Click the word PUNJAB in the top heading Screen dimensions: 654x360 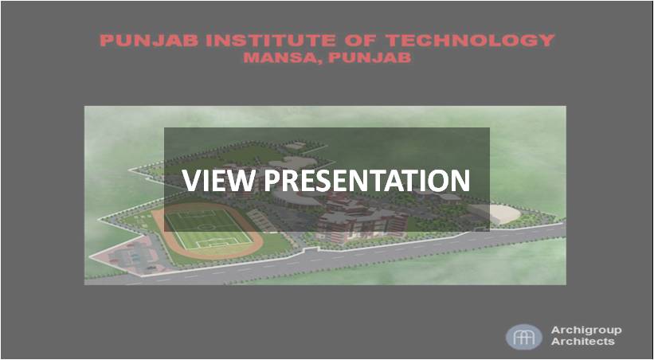click(149, 41)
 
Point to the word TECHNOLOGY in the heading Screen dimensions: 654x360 click(470, 41)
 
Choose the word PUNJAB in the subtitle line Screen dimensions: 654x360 click(370, 57)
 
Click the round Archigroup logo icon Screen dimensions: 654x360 click(524, 337)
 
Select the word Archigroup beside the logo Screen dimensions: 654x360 click(586, 331)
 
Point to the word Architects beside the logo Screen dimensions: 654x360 click(582, 341)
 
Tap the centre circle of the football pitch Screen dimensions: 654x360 click(206, 227)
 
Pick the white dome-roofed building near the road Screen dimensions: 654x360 click(498, 213)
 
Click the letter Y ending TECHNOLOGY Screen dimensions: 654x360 click(547, 41)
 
